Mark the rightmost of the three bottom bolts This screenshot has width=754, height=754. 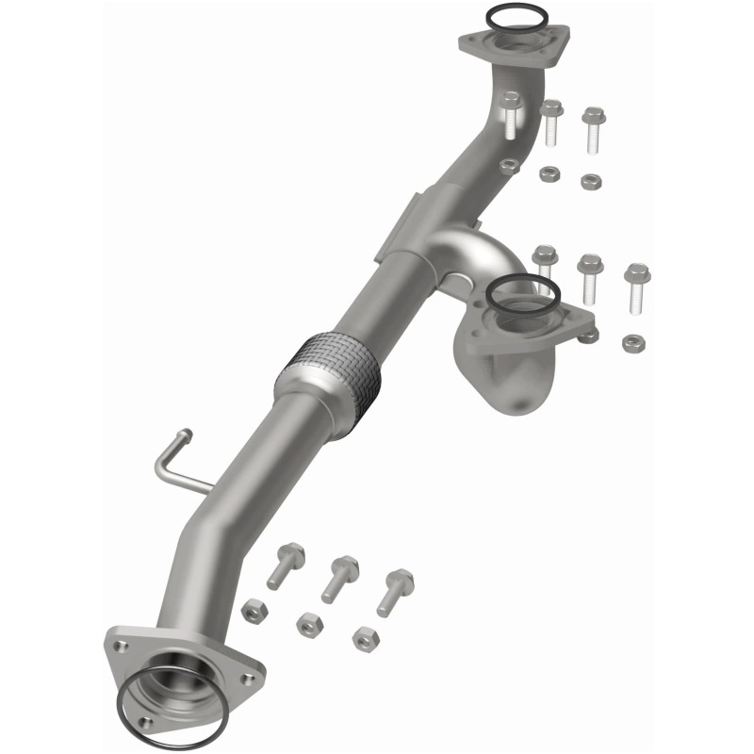coord(395,590)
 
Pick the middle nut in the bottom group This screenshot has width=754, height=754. coord(307,622)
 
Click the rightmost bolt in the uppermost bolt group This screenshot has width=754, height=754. coord(593,128)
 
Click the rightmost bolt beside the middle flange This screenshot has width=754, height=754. coord(637,287)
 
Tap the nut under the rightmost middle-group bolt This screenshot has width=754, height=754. coord(634,341)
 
